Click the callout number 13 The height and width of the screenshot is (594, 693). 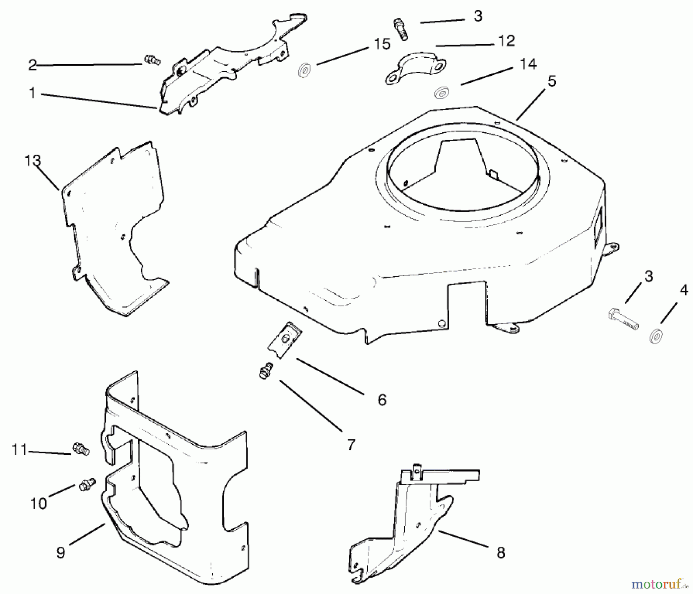click(33, 160)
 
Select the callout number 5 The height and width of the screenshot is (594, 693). click(552, 81)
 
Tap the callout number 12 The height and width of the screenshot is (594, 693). click(506, 41)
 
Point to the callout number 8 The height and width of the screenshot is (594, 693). click(500, 553)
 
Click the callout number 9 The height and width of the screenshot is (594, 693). click(60, 553)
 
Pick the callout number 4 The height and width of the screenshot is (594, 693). click(684, 290)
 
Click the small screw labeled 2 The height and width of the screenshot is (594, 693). click(152, 60)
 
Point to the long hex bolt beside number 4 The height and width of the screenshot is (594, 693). click(624, 319)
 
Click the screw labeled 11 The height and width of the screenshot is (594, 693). click(80, 449)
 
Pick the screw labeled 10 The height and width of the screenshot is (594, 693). click(87, 485)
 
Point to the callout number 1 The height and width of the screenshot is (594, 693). click(32, 93)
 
